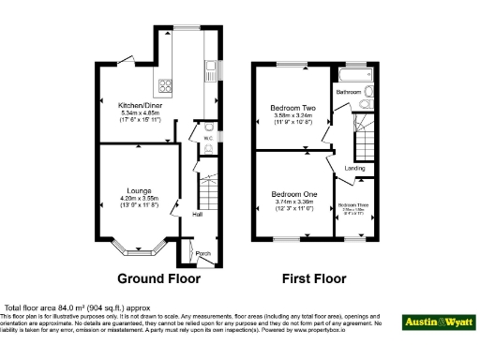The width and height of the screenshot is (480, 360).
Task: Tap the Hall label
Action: click(x=198, y=214)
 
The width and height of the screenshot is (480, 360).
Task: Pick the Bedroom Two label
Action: click(x=292, y=107)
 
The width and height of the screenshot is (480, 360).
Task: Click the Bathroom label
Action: click(x=350, y=92)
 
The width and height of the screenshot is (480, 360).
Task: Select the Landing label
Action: click(x=355, y=168)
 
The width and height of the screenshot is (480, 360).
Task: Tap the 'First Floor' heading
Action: click(x=314, y=278)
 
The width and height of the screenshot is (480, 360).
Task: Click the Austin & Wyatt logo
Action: click(x=438, y=322)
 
